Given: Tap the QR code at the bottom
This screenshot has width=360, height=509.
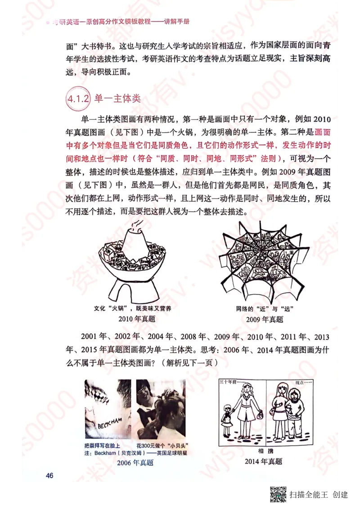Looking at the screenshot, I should pos(278,494).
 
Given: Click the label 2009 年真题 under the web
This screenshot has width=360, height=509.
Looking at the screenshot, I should pos(265,319).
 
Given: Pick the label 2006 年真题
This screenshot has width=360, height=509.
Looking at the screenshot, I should pos(135,463).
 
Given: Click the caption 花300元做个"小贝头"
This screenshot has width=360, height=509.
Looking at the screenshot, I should pos(161,446).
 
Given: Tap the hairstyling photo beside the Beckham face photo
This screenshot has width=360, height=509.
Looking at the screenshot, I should pos(161,409).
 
